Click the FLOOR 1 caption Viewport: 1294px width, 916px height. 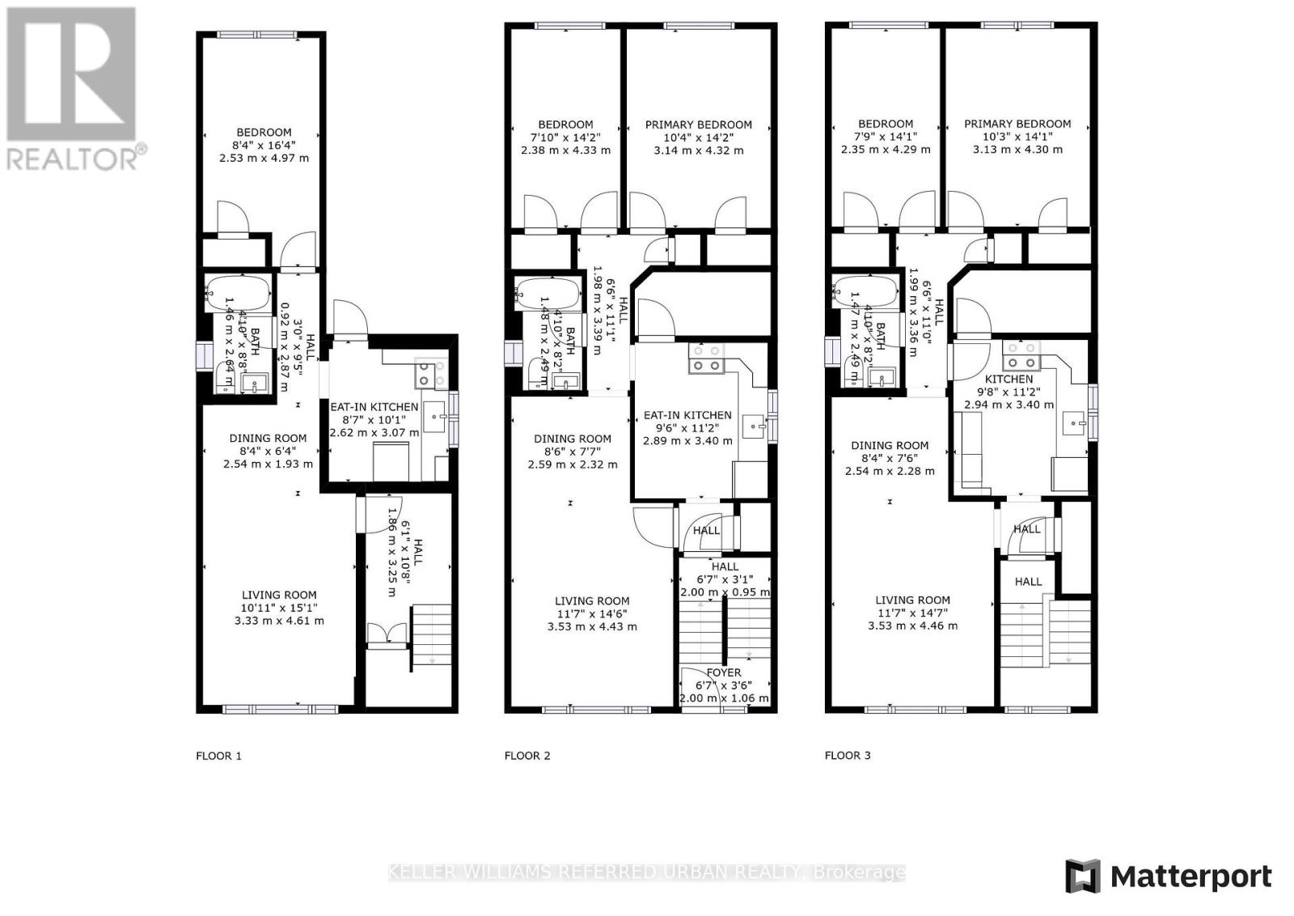[x=218, y=756]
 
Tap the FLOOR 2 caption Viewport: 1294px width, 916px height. [x=527, y=756]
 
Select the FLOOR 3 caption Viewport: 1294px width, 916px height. [x=848, y=755]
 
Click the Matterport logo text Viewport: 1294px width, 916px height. [x=1190, y=877]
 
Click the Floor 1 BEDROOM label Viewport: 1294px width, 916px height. [x=264, y=133]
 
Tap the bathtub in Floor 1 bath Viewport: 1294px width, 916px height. [x=238, y=294]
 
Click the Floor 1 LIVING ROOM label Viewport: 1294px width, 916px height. [x=279, y=595]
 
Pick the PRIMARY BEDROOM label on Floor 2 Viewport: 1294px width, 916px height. [x=698, y=125]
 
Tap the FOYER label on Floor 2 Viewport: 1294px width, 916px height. [x=723, y=672]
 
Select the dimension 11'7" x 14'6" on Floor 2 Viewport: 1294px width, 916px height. [x=592, y=613]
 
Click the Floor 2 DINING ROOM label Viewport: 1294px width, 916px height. [x=573, y=439]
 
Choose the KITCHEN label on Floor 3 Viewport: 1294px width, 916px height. [x=1009, y=379]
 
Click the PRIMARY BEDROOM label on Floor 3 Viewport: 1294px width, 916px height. [x=1017, y=124]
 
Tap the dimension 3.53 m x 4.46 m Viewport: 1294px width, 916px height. [x=912, y=626]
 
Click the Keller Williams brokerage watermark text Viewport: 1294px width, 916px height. [x=647, y=872]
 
